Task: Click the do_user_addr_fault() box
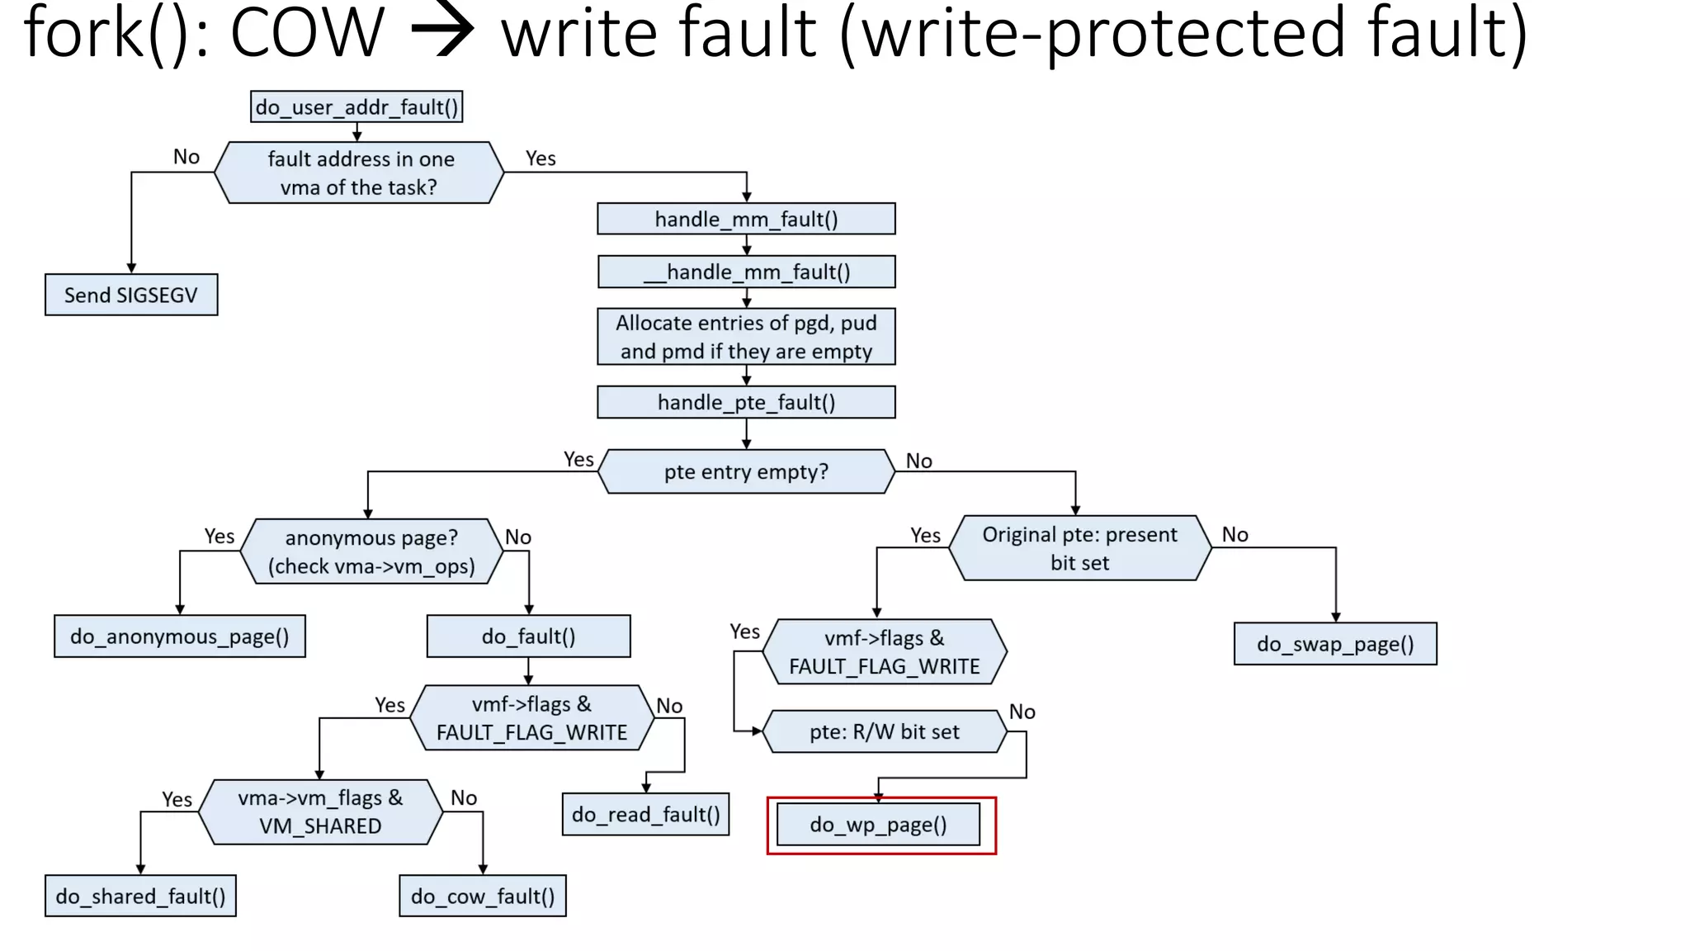(x=356, y=107)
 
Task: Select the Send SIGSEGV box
(x=131, y=295)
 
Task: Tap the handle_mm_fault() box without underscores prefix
(x=746, y=219)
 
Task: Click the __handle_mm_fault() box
(x=746, y=272)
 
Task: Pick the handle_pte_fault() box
(x=746, y=402)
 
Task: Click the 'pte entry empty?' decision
(x=746, y=471)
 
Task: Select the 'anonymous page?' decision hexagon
(x=371, y=551)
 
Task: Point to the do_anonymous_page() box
(x=180, y=636)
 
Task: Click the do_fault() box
(x=528, y=636)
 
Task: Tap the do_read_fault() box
(x=645, y=815)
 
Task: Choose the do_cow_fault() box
(x=483, y=897)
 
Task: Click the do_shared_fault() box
(x=140, y=897)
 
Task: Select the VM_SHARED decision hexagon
(x=320, y=811)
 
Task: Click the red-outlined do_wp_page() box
(x=878, y=825)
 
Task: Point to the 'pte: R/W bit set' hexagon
(x=884, y=731)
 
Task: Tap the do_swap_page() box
(x=1335, y=644)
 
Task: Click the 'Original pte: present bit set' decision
(x=1079, y=548)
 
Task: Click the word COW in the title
(x=307, y=33)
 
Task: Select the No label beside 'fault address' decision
(x=186, y=157)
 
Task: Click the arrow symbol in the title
(x=443, y=33)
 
